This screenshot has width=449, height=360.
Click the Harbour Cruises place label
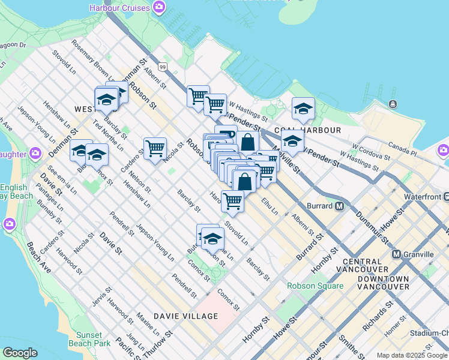(x=119, y=8)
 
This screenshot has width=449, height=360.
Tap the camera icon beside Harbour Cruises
(x=159, y=7)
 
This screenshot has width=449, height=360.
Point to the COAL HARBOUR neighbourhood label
(x=307, y=130)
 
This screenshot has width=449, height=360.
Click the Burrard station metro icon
(x=339, y=206)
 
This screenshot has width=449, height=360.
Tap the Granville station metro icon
(x=397, y=254)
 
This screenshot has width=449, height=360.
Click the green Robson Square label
(x=315, y=286)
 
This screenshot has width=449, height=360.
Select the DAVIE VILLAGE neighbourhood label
(x=185, y=316)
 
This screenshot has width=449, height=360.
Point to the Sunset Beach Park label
(x=89, y=339)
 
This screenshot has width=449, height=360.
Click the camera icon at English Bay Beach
(x=8, y=224)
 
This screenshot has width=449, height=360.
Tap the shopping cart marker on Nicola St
(x=155, y=148)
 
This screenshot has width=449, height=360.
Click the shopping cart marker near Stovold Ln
(x=232, y=201)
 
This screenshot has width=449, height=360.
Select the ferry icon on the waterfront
(x=393, y=104)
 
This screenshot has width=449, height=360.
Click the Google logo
(x=20, y=353)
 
